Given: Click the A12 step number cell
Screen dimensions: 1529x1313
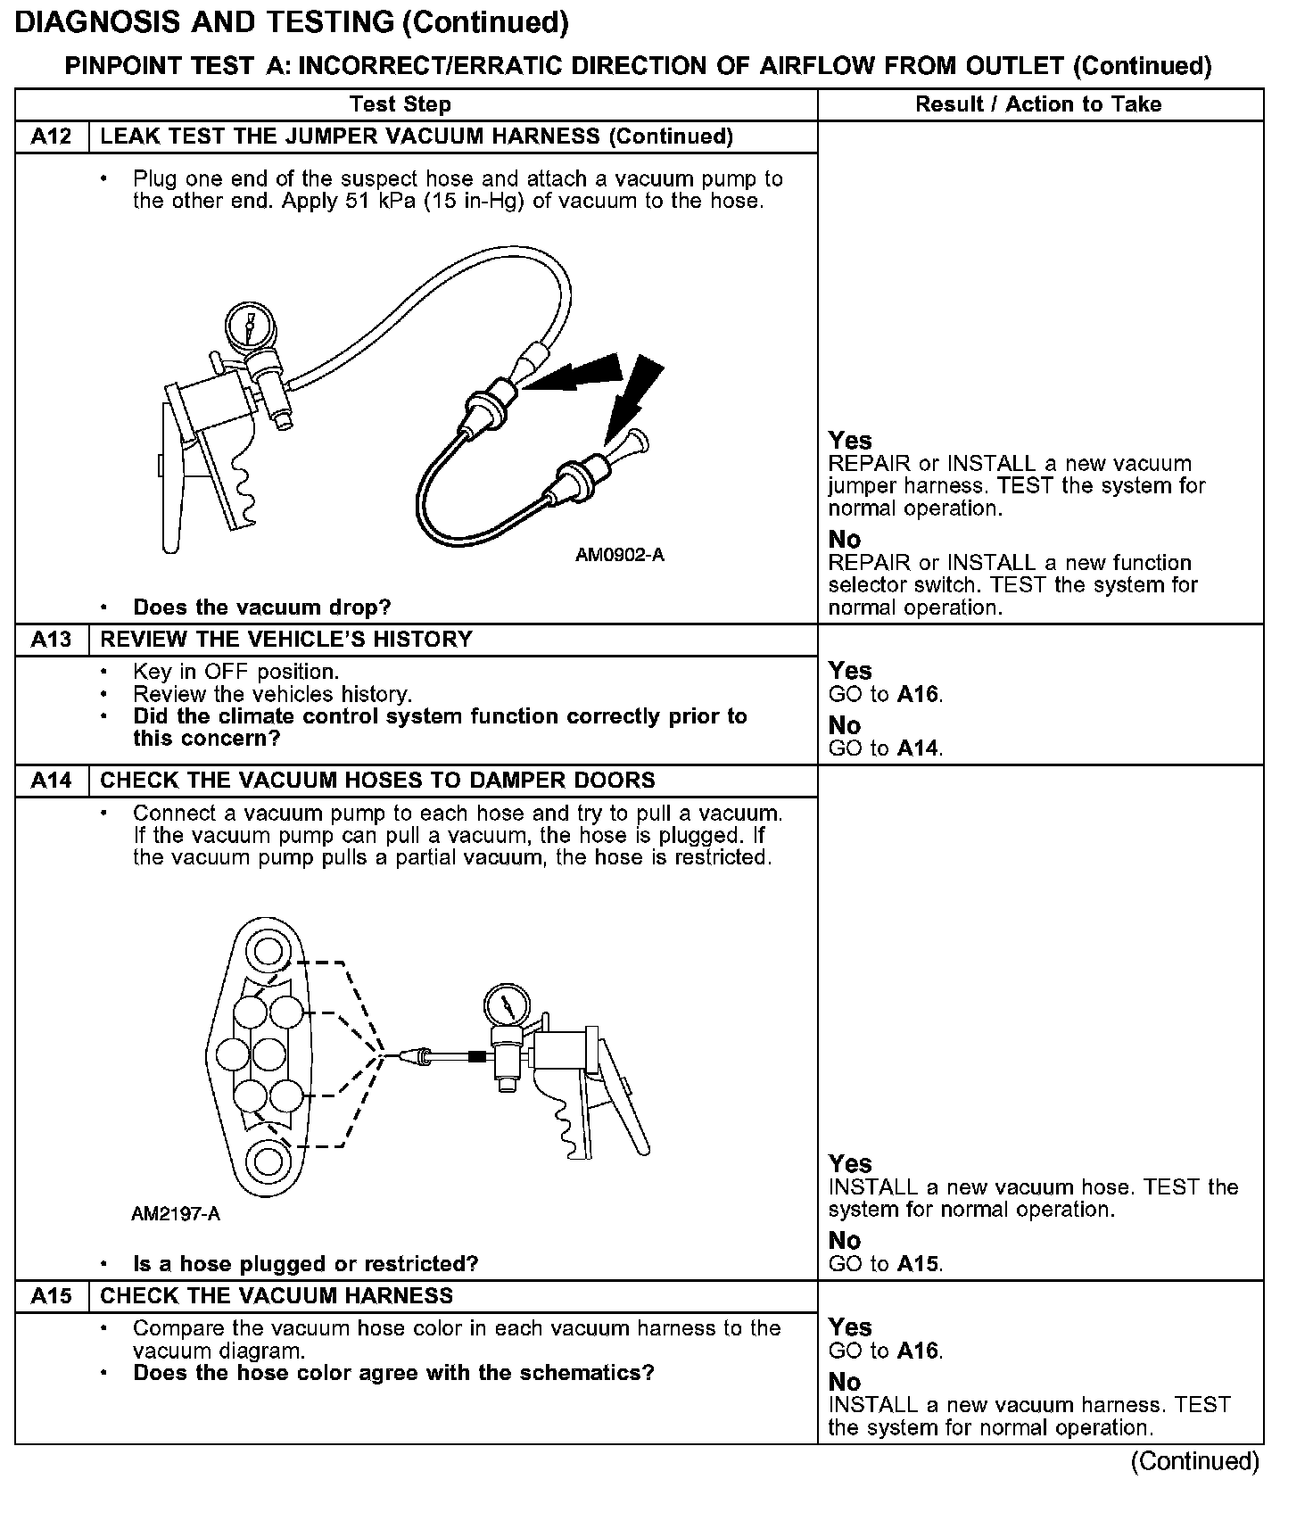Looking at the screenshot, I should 52,136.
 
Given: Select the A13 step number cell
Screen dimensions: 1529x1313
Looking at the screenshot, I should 52,640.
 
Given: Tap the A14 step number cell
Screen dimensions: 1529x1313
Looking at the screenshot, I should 52,781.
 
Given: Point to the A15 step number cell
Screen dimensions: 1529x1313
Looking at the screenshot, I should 52,1296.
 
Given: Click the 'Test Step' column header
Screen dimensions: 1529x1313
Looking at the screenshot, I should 401,104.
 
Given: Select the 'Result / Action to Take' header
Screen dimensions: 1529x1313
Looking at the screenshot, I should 1038,104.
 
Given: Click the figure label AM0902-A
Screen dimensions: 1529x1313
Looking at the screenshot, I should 620,556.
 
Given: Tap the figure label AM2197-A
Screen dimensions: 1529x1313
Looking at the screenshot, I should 176,1214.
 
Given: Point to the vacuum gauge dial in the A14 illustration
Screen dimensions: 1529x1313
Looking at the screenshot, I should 505,1005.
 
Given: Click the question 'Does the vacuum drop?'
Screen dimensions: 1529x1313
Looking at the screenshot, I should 261,608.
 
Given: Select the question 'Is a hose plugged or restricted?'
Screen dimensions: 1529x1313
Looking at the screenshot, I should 305,1264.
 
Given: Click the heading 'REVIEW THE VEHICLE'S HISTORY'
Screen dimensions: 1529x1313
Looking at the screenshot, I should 286,640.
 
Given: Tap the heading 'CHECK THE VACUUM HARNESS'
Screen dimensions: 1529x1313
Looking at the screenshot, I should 277,1296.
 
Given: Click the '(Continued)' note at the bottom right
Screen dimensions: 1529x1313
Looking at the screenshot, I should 1194,1461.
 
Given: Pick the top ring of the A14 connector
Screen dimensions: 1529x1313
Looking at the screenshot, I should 268,951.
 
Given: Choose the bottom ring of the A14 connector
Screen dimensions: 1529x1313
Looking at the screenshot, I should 267,1161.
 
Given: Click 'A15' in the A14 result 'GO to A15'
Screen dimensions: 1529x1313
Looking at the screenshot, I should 919,1264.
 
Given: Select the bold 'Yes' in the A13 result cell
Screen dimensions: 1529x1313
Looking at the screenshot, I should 850,671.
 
